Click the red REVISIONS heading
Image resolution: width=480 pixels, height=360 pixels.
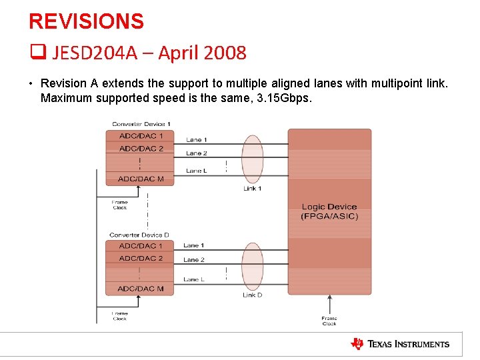pos(86,21)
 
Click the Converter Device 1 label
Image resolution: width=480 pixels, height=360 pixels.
pos(141,124)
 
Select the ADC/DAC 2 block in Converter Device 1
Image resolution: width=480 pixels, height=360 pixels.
pos(141,149)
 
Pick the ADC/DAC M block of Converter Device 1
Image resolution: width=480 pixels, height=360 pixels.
pos(141,179)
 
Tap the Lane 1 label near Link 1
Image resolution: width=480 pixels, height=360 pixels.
pos(196,140)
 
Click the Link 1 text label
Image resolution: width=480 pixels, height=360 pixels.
pos(252,189)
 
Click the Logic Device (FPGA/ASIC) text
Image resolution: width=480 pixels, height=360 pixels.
pos(329,211)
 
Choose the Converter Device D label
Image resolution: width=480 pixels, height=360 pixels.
pos(139,235)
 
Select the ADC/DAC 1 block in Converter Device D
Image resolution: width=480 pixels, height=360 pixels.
pos(141,246)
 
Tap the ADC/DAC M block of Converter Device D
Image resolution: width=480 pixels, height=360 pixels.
pos(141,289)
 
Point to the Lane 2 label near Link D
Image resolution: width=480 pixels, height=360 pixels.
pos(194,260)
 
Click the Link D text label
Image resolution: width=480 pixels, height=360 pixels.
pos(252,295)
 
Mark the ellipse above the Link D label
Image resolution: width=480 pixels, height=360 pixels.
pos(252,266)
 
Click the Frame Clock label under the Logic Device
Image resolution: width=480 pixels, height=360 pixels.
pos(329,321)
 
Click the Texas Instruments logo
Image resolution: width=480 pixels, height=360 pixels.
pos(400,344)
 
